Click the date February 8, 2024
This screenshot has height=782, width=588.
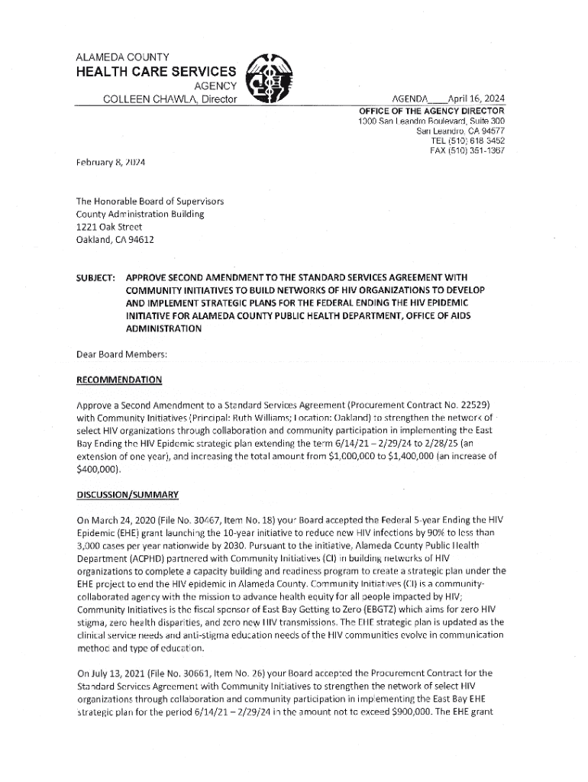[110, 162]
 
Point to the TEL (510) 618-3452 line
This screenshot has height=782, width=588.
[468, 141]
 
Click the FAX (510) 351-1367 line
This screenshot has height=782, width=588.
[467, 150]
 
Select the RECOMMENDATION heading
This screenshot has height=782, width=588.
[119, 380]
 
